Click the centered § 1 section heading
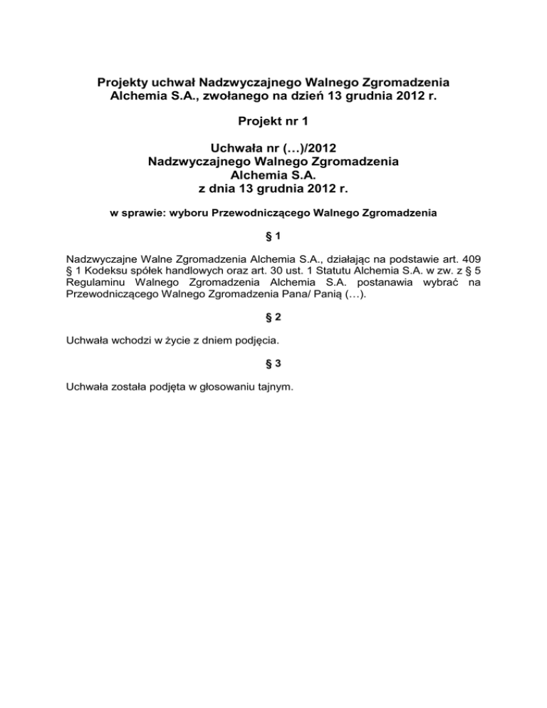[x=273, y=236]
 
